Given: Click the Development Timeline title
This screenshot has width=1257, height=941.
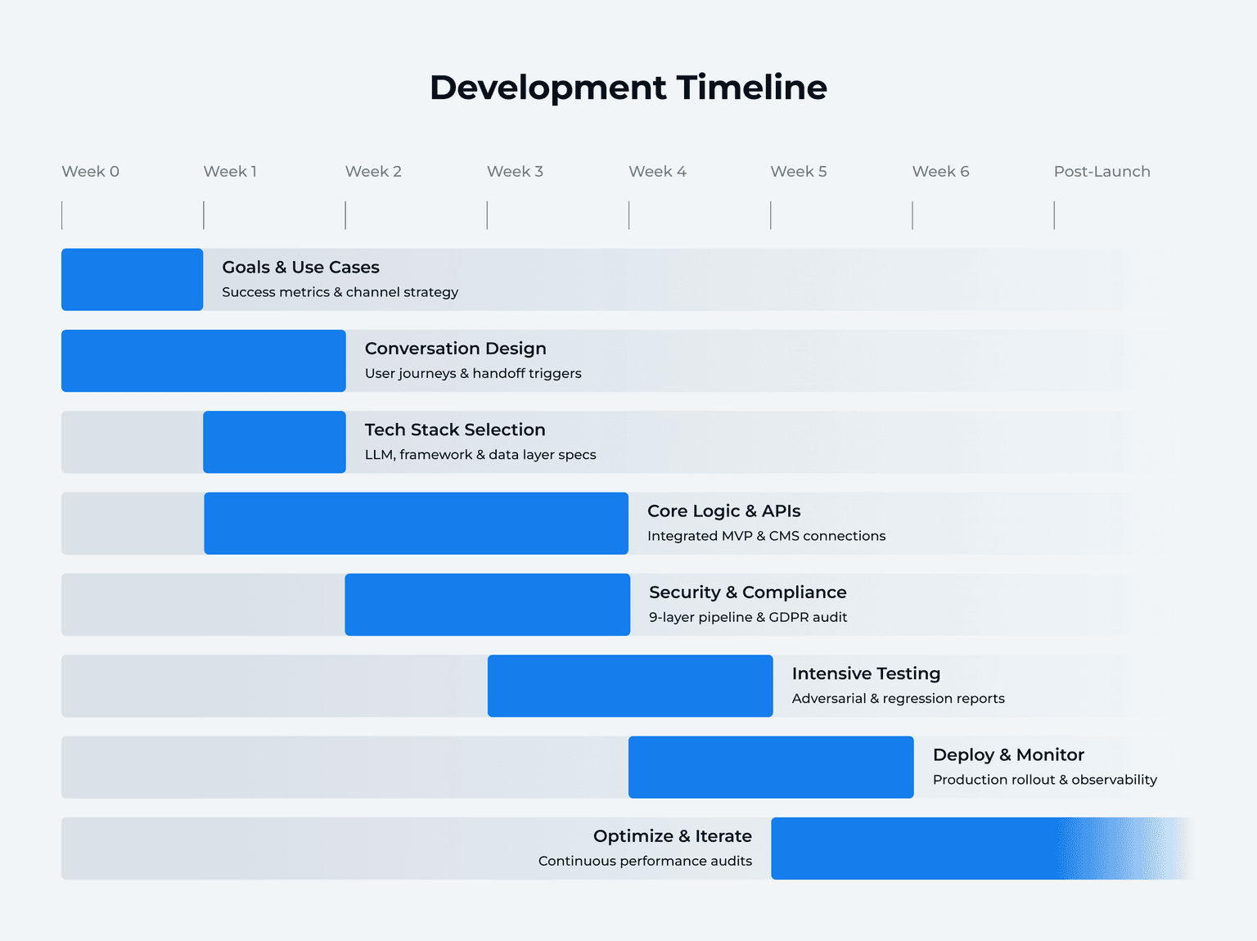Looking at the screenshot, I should [x=628, y=88].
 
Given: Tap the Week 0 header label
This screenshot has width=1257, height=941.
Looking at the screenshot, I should [x=90, y=172].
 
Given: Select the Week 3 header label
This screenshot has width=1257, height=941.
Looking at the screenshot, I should [x=515, y=172].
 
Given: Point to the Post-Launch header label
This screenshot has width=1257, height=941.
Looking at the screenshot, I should [x=1102, y=172].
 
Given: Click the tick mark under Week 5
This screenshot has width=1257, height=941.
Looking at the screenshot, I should [x=771, y=215].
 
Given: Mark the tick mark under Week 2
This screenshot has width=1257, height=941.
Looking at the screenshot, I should [x=345, y=215].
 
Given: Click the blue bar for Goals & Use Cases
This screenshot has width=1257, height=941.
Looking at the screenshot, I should [x=132, y=280].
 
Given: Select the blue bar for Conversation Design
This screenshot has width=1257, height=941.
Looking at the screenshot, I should [x=203, y=361].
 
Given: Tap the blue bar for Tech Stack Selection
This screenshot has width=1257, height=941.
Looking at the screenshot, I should [x=274, y=442].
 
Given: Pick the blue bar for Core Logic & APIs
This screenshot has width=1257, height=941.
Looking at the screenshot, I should [x=416, y=524].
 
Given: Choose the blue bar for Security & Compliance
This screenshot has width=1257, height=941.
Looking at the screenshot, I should [x=487, y=605].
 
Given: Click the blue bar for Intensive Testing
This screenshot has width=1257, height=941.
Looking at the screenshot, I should [x=630, y=686].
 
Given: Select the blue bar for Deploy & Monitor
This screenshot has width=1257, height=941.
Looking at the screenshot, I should [x=771, y=767].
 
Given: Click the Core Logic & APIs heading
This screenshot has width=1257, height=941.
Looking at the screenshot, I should [x=723, y=511].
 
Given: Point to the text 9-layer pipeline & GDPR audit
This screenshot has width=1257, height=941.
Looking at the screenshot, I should [x=748, y=618].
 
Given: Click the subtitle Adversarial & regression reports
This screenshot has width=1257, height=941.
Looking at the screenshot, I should [x=898, y=699].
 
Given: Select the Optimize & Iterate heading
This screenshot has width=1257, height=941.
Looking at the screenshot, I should [x=672, y=836].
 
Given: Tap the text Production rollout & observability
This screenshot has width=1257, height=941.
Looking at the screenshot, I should [x=1044, y=780].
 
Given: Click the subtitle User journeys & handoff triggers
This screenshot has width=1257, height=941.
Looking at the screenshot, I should [x=473, y=374].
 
